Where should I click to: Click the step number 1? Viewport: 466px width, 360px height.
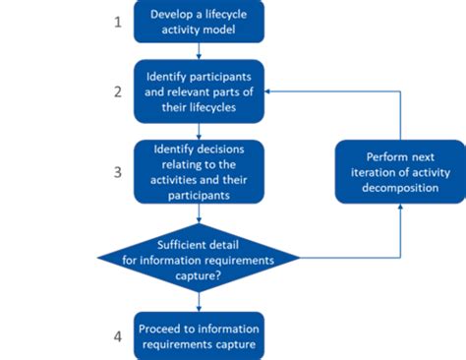tap(118, 22)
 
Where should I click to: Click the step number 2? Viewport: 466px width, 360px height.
tap(118, 92)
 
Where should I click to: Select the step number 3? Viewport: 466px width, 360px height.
tap(118, 171)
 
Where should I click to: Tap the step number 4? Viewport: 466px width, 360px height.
tap(118, 336)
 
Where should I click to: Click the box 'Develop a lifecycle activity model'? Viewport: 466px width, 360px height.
tap(200, 23)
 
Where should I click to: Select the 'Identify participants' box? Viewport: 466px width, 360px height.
tap(200, 91)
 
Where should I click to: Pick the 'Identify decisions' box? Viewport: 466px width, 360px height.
tap(200, 170)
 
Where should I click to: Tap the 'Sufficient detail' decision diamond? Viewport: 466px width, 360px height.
tap(200, 259)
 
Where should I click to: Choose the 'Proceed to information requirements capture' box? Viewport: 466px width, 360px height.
tap(200, 335)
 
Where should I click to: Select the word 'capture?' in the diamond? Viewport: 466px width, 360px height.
tap(200, 275)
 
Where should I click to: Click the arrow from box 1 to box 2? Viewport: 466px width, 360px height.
tap(200, 52)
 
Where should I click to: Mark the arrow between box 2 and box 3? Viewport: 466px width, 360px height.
tap(200, 131)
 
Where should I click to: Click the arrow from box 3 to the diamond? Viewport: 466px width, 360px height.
tap(200, 213)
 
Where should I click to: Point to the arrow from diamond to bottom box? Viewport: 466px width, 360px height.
tap(200, 300)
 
